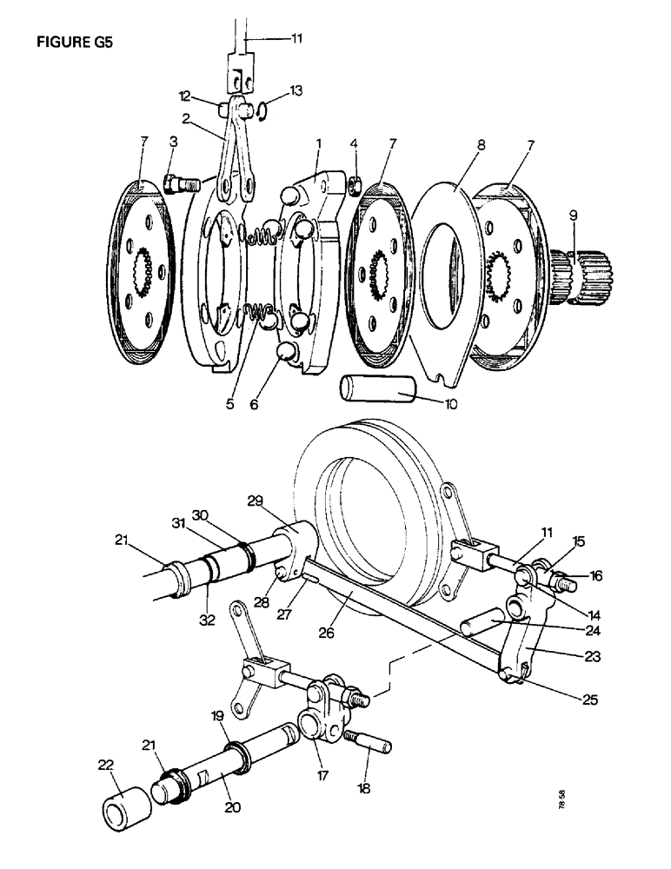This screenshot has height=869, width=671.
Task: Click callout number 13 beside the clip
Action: pyautogui.click(x=296, y=90)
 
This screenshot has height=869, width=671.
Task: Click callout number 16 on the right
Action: pyautogui.click(x=596, y=574)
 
